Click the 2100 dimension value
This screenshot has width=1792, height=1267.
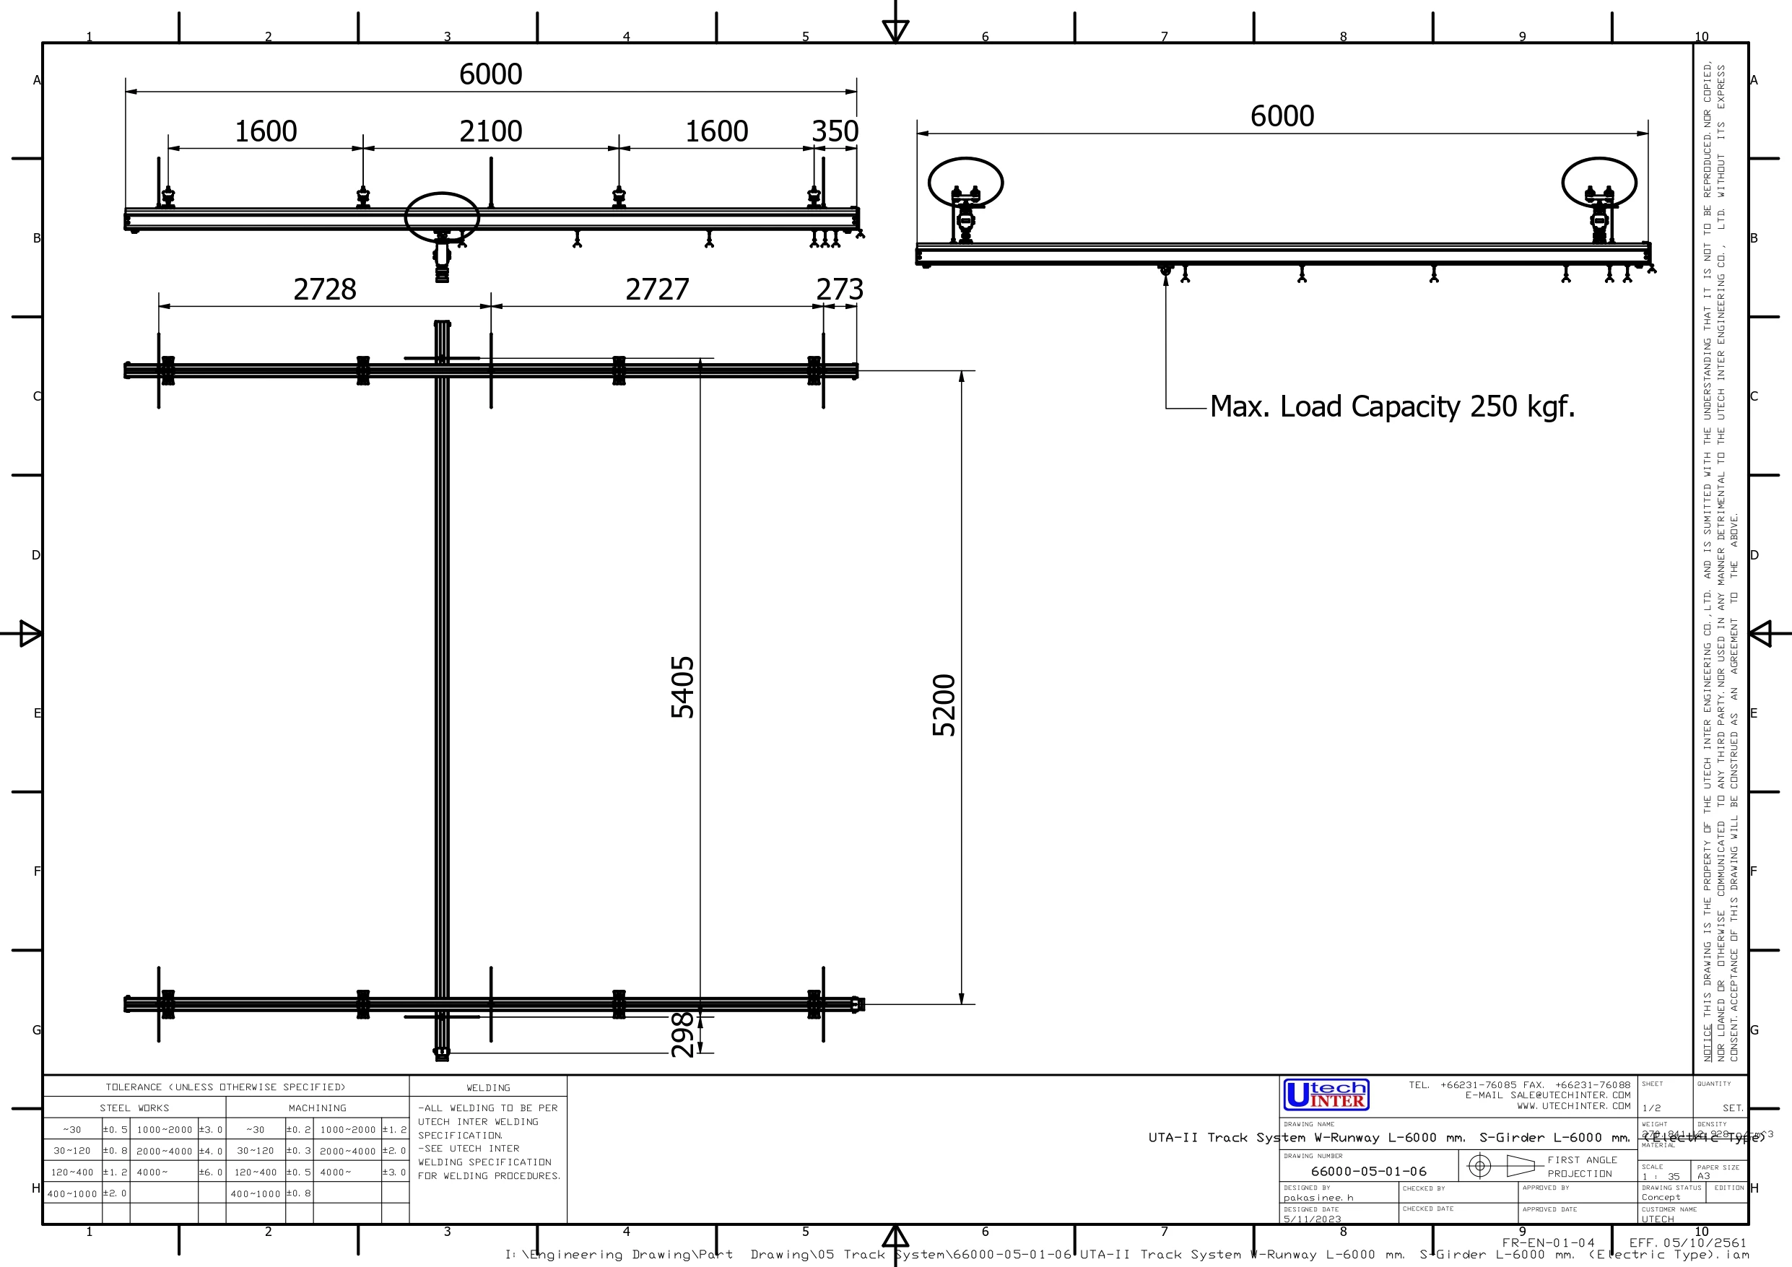(490, 131)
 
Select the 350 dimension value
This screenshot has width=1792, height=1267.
(835, 131)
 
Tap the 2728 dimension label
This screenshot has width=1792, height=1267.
(325, 289)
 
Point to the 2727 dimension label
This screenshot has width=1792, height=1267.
(657, 289)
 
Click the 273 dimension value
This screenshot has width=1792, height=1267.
(840, 289)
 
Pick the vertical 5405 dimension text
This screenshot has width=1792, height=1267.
(683, 687)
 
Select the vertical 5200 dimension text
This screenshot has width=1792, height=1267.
(944, 705)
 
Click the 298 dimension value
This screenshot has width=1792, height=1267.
(683, 1035)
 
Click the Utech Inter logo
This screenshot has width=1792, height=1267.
(1326, 1094)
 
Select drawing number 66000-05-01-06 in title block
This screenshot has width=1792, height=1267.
(1368, 1171)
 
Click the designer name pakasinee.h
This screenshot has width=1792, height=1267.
(1318, 1198)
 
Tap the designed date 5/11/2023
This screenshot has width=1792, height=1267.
(1312, 1219)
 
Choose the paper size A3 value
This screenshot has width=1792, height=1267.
(1704, 1175)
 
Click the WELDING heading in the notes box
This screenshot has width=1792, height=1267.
(488, 1087)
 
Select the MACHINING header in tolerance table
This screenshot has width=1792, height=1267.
(317, 1107)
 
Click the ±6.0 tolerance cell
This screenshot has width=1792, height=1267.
(211, 1172)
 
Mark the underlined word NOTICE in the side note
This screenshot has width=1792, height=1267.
(1708, 1042)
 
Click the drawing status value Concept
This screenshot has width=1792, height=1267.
(1661, 1197)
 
